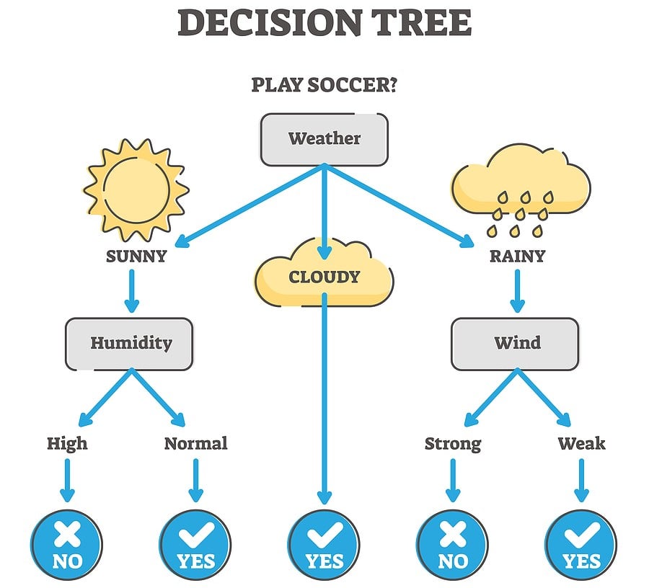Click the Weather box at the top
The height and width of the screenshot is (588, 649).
tap(324, 138)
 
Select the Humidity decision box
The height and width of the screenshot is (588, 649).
tap(131, 343)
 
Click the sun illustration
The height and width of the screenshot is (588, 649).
tap(136, 189)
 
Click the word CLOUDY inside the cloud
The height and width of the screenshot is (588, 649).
tap(324, 277)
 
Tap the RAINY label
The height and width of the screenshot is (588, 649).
tap(516, 256)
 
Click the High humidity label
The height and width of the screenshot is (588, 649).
tap(67, 442)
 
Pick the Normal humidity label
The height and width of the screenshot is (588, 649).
tap(195, 442)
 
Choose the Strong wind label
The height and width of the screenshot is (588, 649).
tap(452, 442)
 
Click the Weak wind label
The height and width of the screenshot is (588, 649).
tap(580, 442)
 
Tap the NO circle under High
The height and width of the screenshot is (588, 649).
tap(67, 543)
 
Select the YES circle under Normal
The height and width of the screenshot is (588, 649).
tap(195, 543)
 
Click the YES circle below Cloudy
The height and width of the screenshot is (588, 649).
tap(324, 543)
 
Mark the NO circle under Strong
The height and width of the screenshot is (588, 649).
tap(452, 543)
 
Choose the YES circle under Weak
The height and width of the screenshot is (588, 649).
tap(580, 543)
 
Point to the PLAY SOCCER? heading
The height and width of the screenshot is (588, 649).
tap(324, 85)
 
